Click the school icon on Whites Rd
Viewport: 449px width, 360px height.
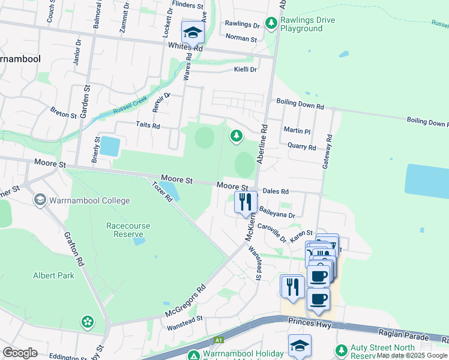point(193,32)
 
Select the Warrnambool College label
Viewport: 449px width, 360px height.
point(89,200)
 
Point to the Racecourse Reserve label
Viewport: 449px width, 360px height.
point(128,230)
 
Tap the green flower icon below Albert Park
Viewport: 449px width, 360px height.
point(88,322)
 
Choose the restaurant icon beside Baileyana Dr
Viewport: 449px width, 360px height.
point(245,202)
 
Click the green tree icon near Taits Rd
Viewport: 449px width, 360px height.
point(237,137)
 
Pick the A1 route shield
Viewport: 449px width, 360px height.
point(220,340)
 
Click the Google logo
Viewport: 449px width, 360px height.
point(20,352)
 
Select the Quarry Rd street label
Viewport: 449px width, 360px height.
point(301,146)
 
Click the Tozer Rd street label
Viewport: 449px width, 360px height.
point(161,193)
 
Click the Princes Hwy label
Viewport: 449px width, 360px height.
point(310,325)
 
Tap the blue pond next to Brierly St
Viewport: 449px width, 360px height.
point(109,146)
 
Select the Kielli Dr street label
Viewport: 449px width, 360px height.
point(245,70)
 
